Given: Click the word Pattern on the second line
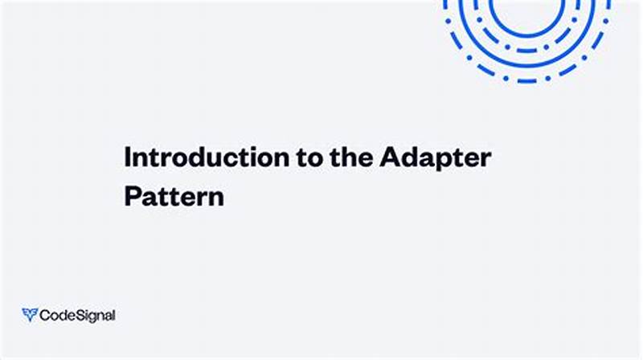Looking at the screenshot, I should click(x=173, y=197).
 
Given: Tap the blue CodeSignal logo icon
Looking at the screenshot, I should click(x=30, y=315).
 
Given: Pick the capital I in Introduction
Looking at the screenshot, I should click(x=127, y=157).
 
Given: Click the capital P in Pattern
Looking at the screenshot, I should click(x=130, y=197).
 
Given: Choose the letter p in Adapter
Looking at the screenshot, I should click(x=437, y=160).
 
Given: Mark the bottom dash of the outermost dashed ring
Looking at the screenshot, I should click(x=527, y=81).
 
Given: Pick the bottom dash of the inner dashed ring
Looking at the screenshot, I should click(x=527, y=50).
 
